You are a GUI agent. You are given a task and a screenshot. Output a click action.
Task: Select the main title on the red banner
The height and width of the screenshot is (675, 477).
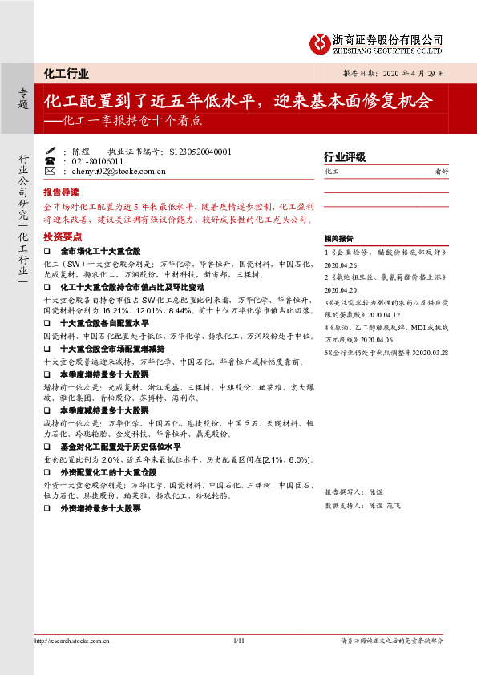click(237, 102)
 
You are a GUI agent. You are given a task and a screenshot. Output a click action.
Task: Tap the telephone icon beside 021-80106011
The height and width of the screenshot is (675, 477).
click(50, 160)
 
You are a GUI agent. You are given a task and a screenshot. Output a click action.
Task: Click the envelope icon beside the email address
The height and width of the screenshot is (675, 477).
click(50, 171)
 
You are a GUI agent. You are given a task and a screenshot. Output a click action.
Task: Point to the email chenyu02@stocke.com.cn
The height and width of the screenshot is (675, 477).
click(108, 171)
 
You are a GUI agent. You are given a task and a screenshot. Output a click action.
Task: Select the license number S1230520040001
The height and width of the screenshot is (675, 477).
click(200, 150)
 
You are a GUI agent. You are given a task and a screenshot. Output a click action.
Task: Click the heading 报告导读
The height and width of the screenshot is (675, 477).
click(61, 192)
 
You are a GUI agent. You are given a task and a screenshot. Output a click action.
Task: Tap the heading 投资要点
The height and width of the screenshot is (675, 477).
click(63, 236)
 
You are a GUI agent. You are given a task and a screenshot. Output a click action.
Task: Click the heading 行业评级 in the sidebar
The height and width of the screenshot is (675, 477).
click(345, 157)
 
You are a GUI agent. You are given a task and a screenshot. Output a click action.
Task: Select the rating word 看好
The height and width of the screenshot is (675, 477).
click(441, 172)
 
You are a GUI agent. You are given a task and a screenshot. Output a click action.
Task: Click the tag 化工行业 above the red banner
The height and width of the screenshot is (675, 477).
click(66, 74)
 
